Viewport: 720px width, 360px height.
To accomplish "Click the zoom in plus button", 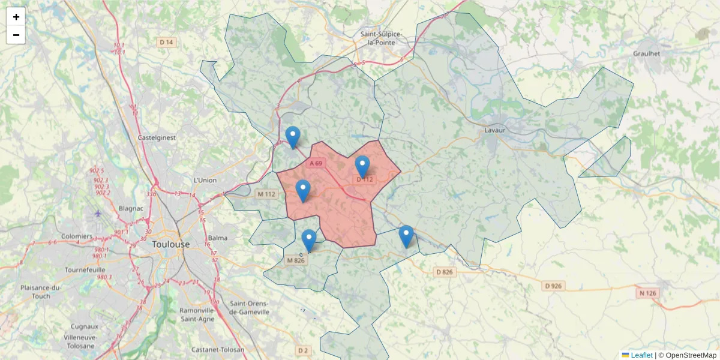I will point(16,17).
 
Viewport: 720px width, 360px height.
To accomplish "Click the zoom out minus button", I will point(16,35).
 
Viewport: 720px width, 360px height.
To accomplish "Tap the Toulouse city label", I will point(171,245).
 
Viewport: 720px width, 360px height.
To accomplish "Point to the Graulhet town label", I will point(646,53).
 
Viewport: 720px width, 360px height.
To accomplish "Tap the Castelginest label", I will point(157,137).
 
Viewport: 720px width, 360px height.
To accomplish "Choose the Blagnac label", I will point(130,208).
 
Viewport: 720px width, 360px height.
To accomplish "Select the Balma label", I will point(218,238).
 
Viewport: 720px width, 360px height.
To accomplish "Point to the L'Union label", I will point(205,180).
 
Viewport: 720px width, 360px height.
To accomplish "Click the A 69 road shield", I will point(316,163).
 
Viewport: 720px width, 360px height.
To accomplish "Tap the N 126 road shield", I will point(647,293).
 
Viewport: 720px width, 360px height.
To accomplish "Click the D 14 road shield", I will point(166,42).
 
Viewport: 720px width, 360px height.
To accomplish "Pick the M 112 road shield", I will point(266,194).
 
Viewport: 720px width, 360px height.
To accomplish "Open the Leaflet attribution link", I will point(640,355).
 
